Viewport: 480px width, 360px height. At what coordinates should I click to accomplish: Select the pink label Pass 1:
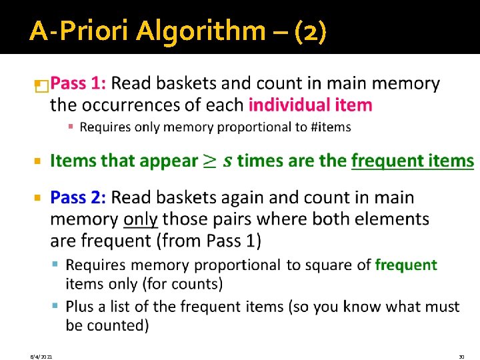click(x=78, y=84)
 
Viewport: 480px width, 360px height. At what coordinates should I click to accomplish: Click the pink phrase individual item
click(x=310, y=105)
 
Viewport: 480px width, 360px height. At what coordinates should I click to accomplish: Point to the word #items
click(x=331, y=127)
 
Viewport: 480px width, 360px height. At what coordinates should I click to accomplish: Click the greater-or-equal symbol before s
click(x=210, y=161)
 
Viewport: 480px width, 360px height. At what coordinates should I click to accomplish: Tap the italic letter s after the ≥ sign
click(x=228, y=161)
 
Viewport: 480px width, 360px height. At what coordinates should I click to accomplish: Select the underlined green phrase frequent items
click(x=412, y=161)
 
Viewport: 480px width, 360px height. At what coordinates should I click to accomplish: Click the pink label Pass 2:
click(x=78, y=198)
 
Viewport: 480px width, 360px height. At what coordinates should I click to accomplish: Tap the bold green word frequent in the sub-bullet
click(x=406, y=265)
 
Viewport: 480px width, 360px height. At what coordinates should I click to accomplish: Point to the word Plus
click(x=81, y=307)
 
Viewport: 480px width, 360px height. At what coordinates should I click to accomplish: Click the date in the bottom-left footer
click(x=41, y=357)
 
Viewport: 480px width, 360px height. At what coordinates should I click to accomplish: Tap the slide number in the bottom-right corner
click(x=461, y=357)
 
